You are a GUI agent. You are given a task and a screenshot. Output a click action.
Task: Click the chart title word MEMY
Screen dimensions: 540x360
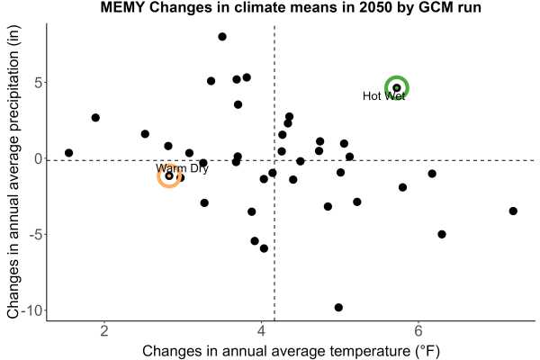pyautogui.click(x=122, y=7)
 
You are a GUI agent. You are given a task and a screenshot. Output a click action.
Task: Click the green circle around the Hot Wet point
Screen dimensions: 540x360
pyautogui.click(x=397, y=76)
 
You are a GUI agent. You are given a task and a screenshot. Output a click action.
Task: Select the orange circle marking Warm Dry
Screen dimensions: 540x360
pyautogui.click(x=169, y=165)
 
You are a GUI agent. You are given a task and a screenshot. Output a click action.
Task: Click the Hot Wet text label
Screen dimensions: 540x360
pyautogui.click(x=384, y=96)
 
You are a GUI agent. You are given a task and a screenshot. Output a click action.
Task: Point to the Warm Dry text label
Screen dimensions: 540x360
pyautogui.click(x=182, y=168)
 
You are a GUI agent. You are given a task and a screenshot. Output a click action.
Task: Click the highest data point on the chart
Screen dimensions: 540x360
pyautogui.click(x=222, y=37)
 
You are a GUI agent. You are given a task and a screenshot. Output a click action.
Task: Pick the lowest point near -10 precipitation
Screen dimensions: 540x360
pyautogui.click(x=338, y=307)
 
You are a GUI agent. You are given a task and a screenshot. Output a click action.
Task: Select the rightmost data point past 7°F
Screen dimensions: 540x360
pyautogui.click(x=513, y=211)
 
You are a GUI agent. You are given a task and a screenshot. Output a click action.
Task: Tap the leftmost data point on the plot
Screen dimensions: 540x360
pyautogui.click(x=69, y=153)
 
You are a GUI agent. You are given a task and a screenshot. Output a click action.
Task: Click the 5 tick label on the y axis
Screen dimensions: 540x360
pyautogui.click(x=38, y=83)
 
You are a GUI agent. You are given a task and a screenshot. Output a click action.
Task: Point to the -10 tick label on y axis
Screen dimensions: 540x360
pyautogui.click(x=32, y=310)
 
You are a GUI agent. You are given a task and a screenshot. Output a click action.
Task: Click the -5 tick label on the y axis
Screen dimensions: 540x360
pyautogui.click(x=35, y=234)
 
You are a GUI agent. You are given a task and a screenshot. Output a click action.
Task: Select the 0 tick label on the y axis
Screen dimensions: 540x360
pyautogui.click(x=38, y=158)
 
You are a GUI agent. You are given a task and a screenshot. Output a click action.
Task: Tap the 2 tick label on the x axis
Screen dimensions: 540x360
pyautogui.click(x=104, y=330)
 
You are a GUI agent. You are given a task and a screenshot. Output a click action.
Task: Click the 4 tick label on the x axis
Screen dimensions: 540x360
pyautogui.click(x=261, y=330)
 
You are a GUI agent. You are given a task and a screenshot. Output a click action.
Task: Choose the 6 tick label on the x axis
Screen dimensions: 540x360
pyautogui.click(x=418, y=330)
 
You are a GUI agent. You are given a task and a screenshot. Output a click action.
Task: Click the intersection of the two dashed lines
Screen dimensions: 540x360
pyautogui.click(x=274, y=160)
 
